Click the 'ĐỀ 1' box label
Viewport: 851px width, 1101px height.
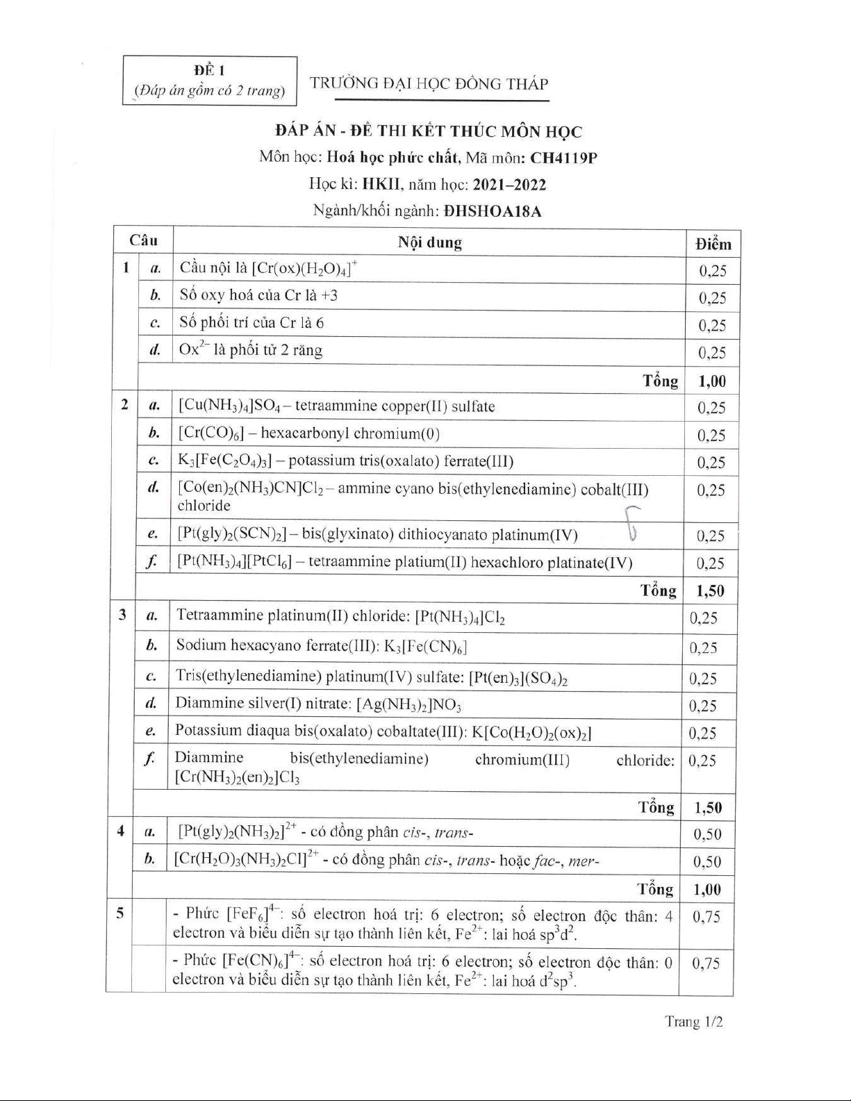coord(209,70)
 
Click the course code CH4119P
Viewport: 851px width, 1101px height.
coord(563,158)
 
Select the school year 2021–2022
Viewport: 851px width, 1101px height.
coord(509,185)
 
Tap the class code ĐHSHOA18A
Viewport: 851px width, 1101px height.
coord(492,211)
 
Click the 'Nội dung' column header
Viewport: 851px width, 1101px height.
coord(429,242)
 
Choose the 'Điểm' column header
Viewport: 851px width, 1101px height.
coord(713,244)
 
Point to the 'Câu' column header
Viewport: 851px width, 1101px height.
coord(143,241)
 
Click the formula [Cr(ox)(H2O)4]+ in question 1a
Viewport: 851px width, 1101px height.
coord(304,268)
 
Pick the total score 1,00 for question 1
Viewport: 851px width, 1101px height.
coord(713,381)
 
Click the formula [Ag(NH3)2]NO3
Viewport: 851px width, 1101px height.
coord(408,705)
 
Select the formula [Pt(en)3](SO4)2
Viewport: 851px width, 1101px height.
coord(518,677)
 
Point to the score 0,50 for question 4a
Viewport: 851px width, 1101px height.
coord(707,834)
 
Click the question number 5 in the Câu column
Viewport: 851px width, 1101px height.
coord(120,913)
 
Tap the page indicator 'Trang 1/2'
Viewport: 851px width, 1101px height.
coord(694,1021)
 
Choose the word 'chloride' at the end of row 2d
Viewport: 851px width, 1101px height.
coord(204,506)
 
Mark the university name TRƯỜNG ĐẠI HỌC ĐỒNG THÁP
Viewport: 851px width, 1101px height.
coord(429,84)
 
